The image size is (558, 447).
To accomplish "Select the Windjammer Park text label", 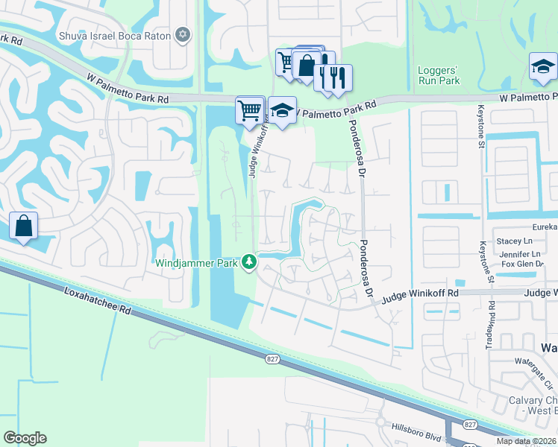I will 196,262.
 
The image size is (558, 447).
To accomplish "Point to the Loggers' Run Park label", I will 439,75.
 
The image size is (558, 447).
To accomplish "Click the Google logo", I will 25,438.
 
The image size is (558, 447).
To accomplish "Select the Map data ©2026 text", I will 527,441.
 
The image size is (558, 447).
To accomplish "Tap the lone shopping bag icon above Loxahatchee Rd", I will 23,225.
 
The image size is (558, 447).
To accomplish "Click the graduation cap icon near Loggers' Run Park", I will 543,66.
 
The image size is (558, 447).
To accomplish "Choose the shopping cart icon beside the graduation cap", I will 250,110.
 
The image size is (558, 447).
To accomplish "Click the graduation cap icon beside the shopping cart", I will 282,110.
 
